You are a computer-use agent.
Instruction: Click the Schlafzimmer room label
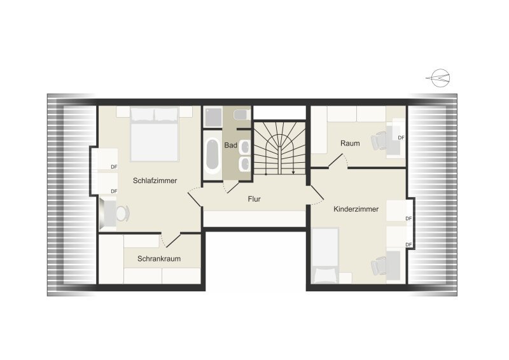click(155, 181)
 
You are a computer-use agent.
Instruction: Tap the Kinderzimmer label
click(356, 209)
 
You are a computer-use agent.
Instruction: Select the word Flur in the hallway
click(254, 199)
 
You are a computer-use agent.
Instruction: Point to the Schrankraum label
click(158, 259)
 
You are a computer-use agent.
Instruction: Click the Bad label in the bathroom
click(230, 145)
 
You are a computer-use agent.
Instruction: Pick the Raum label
click(350, 143)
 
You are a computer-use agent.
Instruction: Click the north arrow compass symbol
click(438, 78)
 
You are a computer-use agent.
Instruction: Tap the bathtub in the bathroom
click(213, 154)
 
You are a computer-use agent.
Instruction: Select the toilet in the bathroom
click(241, 115)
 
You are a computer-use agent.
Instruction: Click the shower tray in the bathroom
click(213, 117)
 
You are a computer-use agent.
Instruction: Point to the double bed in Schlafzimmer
click(154, 134)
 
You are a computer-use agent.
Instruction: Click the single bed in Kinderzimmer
click(325, 256)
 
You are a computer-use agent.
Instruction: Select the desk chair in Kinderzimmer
click(379, 265)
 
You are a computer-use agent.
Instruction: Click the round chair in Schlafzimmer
click(122, 213)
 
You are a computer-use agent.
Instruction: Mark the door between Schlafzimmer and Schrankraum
click(171, 239)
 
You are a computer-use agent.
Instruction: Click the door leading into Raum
click(338, 161)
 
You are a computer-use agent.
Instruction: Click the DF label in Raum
click(401, 137)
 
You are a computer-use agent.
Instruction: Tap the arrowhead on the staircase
click(293, 173)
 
